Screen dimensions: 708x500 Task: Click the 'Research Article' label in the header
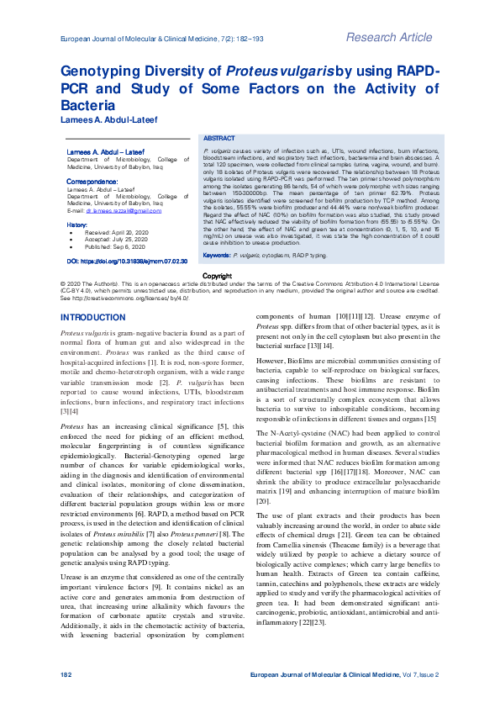pyautogui.click(x=388, y=37)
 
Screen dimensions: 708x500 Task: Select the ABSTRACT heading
pyautogui.click(x=219, y=137)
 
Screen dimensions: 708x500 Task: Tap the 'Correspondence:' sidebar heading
pyautogui.click(x=92, y=182)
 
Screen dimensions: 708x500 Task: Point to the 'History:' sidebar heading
pyautogui.click(x=76, y=225)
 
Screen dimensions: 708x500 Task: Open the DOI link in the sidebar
pyautogui.click(x=127, y=262)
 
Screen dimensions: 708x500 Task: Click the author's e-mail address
pyautogui.click(x=118, y=210)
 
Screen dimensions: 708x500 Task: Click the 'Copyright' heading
pyautogui.click(x=217, y=276)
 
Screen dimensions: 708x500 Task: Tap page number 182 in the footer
pyautogui.click(x=66, y=674)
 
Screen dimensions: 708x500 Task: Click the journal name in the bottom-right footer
pyautogui.click(x=345, y=674)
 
